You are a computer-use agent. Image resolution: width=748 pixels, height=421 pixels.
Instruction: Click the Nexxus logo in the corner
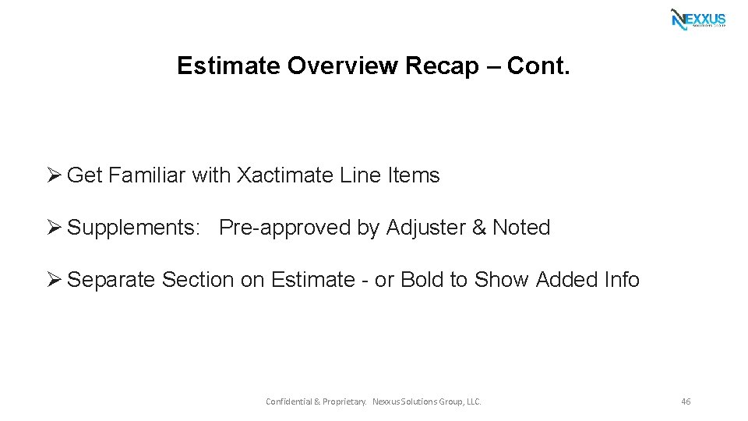coord(698,19)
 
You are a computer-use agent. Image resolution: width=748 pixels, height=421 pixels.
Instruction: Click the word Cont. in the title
coord(538,65)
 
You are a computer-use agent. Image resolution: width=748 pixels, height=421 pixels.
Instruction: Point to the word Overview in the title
coord(342,65)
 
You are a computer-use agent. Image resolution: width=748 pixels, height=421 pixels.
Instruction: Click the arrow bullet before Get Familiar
coord(54,175)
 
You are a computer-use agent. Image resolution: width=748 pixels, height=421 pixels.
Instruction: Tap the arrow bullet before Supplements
coord(54,228)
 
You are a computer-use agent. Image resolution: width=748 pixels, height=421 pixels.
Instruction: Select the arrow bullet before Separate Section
coord(54,279)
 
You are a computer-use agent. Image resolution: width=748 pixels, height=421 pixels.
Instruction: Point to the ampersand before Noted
coord(479,228)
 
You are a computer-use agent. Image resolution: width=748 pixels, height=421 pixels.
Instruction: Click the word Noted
coord(521,228)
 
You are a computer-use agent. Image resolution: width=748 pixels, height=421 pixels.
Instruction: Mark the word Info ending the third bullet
coord(622,279)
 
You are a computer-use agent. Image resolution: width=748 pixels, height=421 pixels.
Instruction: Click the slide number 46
coord(686,402)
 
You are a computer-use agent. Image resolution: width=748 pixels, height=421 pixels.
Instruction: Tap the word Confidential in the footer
coord(288,402)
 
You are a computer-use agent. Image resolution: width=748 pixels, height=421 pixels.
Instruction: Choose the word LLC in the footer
coord(472,402)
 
